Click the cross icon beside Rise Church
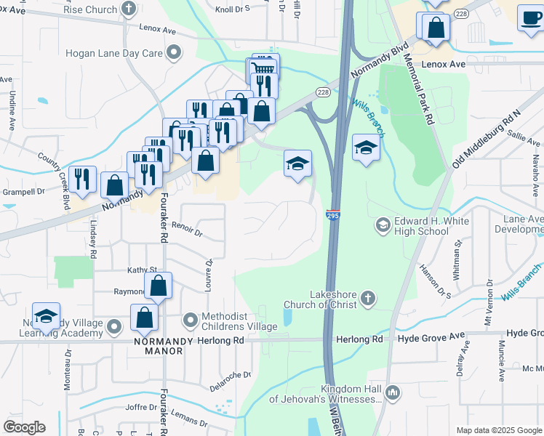click(x=129, y=9)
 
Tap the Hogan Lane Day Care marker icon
click(x=173, y=52)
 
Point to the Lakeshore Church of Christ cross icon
click(x=369, y=297)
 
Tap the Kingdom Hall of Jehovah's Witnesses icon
click(x=392, y=393)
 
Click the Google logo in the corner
click(x=24, y=427)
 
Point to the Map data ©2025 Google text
click(x=499, y=430)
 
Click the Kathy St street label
click(x=143, y=270)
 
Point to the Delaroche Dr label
click(x=231, y=375)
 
